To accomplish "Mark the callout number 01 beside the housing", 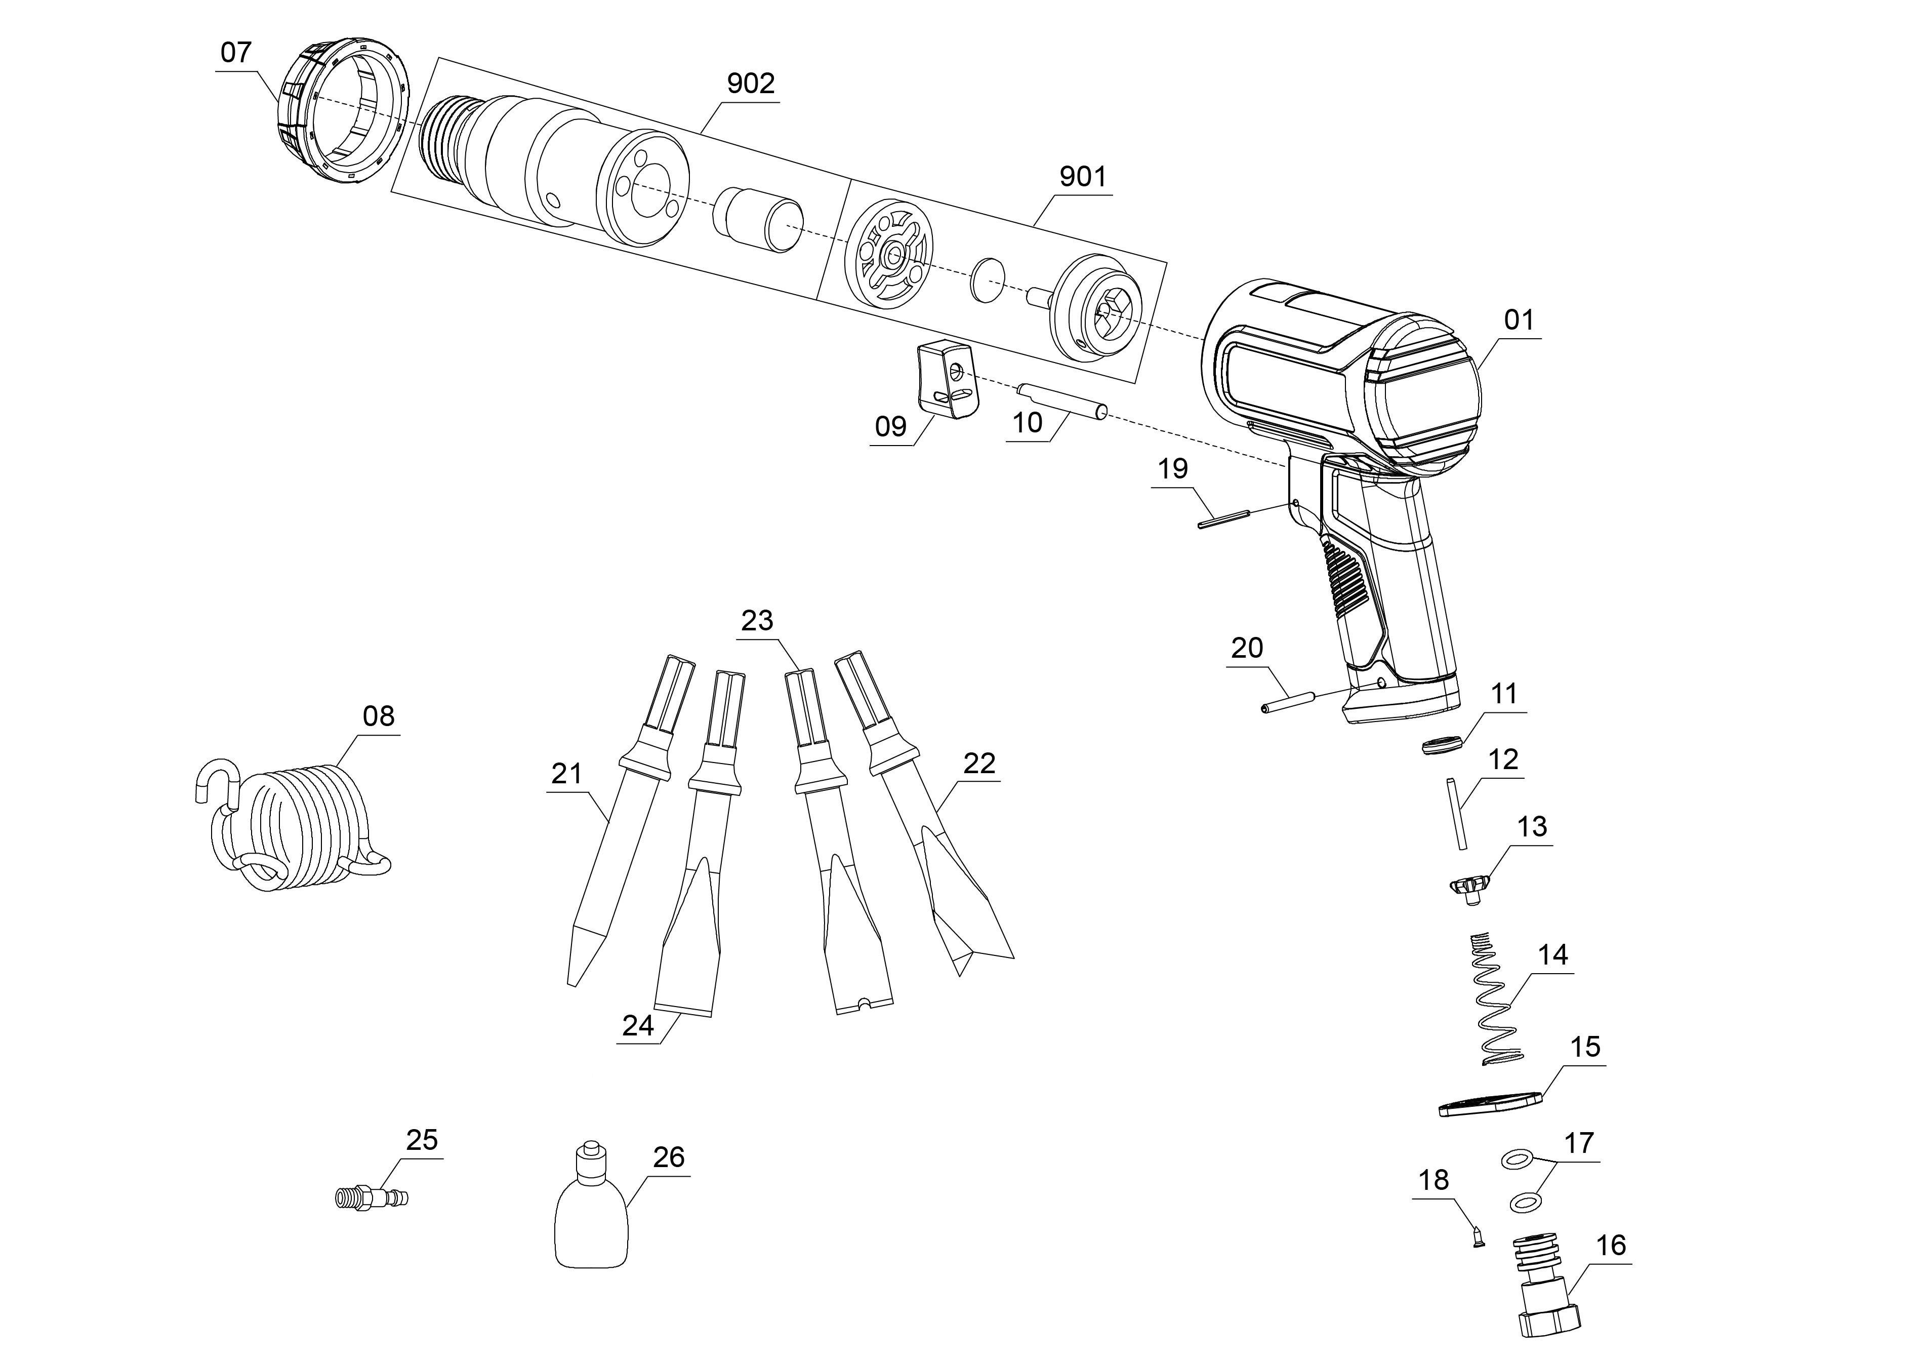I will (1519, 320).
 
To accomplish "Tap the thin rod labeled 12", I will (1456, 814).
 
